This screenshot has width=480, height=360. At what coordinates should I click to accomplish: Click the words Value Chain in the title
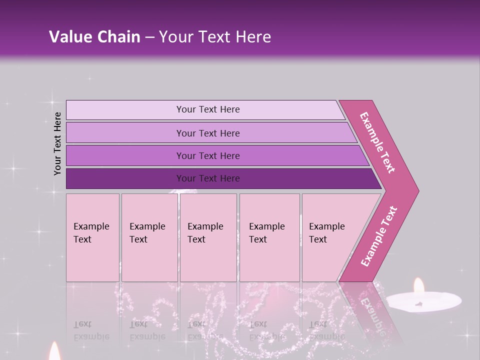point(94,37)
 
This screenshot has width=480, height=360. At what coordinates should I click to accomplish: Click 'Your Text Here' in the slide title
point(215,37)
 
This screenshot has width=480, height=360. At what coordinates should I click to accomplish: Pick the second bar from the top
point(208,133)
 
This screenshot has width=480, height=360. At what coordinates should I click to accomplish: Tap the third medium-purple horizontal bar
point(208,155)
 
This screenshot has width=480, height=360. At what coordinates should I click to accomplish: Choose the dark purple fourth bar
point(208,178)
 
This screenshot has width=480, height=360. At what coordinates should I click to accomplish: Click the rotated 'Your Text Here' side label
point(57,143)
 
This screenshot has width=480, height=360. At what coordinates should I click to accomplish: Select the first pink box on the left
point(92,237)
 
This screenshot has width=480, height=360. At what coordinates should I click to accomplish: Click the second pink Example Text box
point(149,237)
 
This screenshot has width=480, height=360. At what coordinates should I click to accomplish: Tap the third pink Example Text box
point(208,237)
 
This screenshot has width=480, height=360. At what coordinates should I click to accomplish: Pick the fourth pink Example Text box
point(269,237)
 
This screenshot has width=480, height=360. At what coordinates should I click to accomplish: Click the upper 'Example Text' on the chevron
point(378,142)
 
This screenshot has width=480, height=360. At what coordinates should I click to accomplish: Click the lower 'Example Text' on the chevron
point(379,236)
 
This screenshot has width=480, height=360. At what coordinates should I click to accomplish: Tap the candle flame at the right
point(418,286)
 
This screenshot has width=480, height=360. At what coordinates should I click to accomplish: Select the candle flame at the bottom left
point(54,352)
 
